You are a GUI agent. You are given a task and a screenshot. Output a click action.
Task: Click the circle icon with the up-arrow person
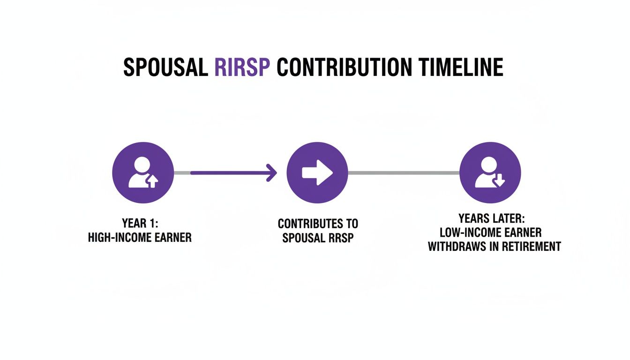[x=143, y=173]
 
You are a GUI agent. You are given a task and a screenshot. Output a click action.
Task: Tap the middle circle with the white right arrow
[x=317, y=173]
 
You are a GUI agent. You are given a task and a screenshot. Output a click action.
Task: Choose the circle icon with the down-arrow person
[x=490, y=173]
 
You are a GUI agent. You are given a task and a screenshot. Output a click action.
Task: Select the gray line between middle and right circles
[x=403, y=173]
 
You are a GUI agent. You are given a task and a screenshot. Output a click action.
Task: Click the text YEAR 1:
[x=140, y=223]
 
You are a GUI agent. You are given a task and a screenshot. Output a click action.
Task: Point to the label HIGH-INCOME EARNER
[x=140, y=237]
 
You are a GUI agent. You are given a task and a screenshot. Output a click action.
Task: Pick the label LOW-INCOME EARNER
[x=490, y=232]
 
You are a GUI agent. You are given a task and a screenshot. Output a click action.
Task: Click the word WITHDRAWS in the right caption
[x=461, y=247]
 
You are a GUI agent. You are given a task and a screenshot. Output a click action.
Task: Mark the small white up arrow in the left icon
[x=152, y=182]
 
